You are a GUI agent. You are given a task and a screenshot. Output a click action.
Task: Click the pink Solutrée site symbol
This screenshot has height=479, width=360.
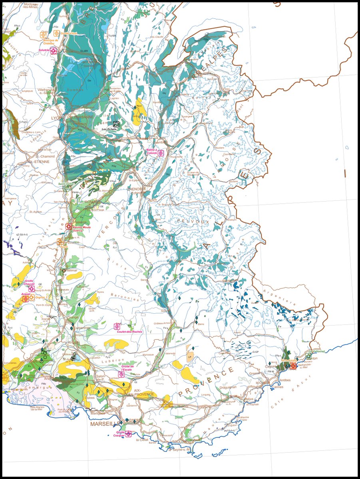coord(54,51)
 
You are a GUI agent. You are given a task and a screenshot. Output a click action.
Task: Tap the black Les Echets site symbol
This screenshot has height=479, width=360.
coord(116,124)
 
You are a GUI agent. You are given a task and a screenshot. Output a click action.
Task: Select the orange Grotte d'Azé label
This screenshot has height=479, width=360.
coord(69,34)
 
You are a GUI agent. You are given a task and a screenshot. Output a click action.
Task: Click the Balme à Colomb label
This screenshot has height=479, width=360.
coord(152,151)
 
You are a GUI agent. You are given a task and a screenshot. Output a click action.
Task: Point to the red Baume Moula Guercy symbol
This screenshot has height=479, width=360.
coord(69,226)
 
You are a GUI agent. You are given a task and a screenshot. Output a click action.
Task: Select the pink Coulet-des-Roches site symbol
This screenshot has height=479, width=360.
coord(117,326)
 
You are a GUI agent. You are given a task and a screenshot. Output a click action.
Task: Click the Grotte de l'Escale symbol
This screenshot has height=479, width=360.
coord(121,374)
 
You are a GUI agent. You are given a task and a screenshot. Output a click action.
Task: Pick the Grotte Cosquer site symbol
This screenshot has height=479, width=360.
coord(129,434)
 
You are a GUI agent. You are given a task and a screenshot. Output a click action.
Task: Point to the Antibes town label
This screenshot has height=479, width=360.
coord(285,380)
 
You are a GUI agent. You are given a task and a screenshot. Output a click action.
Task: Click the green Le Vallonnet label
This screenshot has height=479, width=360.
coord(316,351)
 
